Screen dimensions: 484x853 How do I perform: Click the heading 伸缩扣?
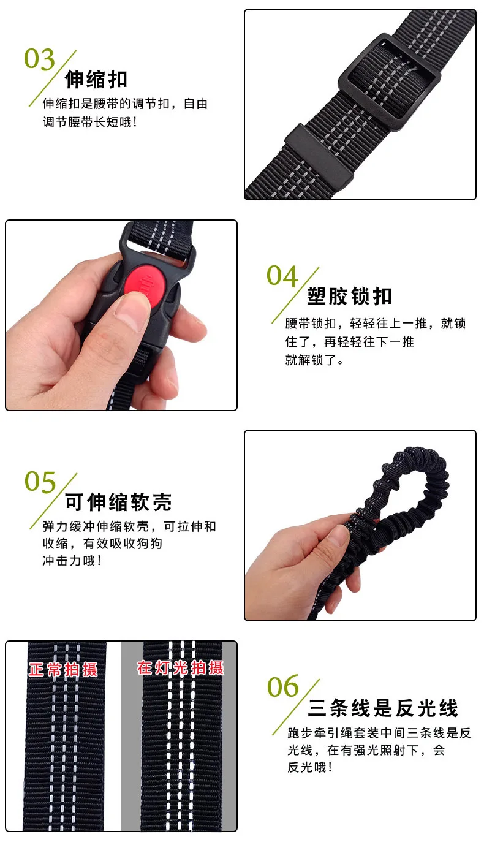(x=96, y=79)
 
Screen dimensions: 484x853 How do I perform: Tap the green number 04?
(x=282, y=276)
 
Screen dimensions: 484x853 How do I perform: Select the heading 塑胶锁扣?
(x=350, y=296)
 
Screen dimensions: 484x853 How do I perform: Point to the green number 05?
(x=40, y=482)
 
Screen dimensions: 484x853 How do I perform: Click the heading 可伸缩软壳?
(x=118, y=502)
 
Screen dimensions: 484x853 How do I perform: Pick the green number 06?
(x=283, y=686)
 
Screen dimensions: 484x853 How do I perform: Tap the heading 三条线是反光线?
(x=383, y=708)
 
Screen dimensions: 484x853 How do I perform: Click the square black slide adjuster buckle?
(x=390, y=82)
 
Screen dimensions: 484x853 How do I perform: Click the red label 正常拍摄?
(x=63, y=669)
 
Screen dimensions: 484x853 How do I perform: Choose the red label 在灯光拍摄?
(x=180, y=668)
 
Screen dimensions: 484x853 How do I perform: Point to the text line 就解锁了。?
(x=314, y=360)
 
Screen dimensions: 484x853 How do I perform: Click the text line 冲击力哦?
(x=72, y=561)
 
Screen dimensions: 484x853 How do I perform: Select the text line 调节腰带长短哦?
(x=89, y=122)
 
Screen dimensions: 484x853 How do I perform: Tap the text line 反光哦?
(x=309, y=767)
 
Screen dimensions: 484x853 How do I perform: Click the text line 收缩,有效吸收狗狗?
(x=102, y=544)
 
